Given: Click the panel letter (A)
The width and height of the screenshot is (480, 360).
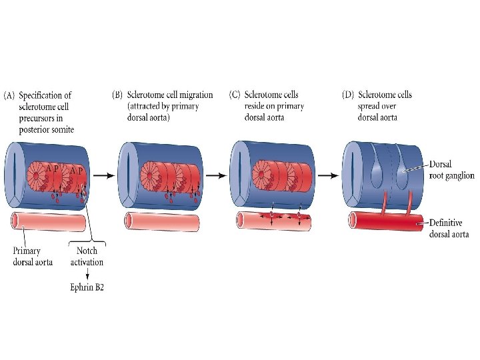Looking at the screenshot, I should click(10, 96).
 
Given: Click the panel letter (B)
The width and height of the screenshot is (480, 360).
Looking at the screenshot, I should click(116, 95).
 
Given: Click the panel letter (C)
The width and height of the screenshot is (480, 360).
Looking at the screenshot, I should click(234, 95).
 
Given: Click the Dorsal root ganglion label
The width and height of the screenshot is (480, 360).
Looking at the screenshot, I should click(451, 170).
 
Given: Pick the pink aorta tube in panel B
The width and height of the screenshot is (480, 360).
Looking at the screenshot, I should click(160, 223).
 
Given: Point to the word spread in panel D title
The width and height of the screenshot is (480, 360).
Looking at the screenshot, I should click(371, 106).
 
